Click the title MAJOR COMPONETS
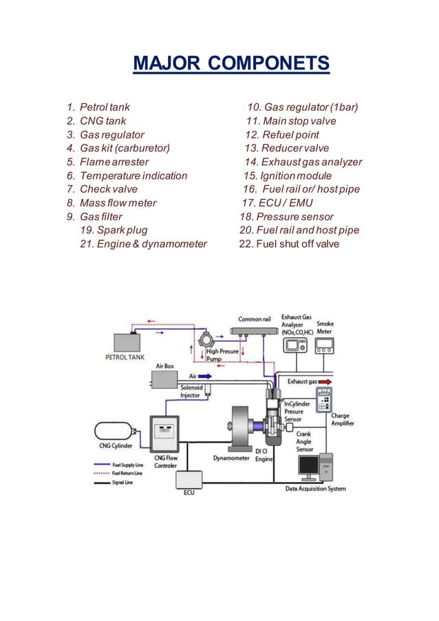231,65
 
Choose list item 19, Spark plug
114,230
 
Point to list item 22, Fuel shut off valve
288,244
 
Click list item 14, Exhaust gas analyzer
303,162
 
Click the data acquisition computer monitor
308,466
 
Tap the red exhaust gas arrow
325,381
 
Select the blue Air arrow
204,376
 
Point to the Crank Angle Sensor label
305,442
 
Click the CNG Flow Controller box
164,434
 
